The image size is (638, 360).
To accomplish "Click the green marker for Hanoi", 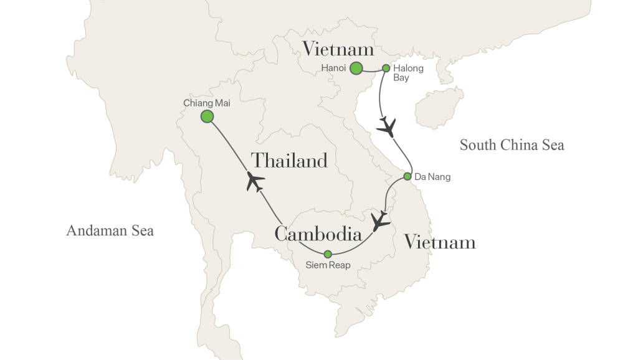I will click(356, 69).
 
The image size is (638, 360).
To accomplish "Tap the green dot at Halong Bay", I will click(386, 69).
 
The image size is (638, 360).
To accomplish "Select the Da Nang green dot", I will click(407, 176).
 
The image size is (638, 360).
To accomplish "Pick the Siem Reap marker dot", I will click(328, 253).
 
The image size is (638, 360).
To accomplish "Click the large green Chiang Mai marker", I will click(207, 116).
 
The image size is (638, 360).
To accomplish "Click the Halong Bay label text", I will click(408, 73).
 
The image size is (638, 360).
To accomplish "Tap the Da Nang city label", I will click(432, 177).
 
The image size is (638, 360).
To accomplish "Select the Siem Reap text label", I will click(328, 265).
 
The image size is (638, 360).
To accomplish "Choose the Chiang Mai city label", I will click(202, 102).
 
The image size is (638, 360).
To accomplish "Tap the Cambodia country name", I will click(318, 234).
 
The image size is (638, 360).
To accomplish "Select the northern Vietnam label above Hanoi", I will click(338, 49).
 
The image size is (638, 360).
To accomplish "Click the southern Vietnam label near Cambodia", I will click(440, 242).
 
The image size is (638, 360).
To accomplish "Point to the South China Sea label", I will click(512, 145).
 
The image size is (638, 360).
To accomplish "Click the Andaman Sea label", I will click(110, 231).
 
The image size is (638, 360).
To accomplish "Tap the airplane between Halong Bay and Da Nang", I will click(387, 127).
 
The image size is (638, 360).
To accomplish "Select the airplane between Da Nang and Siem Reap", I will click(379, 221).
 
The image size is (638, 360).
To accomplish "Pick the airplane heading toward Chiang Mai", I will click(255, 181).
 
